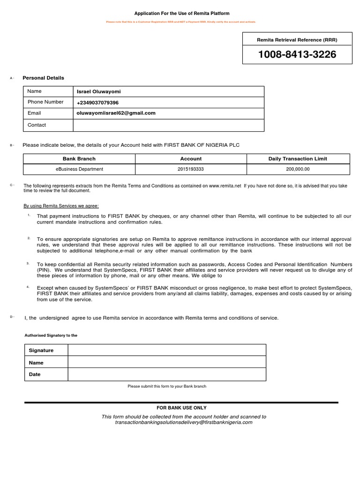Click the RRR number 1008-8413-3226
coord(297,55)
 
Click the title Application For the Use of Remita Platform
coord(182,14)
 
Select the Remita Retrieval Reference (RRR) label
coord(297,40)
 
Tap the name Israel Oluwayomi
coord(98,92)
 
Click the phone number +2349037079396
coord(97,103)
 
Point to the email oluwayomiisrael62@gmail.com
coord(116,113)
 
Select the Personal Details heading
coord(43,78)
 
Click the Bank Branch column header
coord(79,159)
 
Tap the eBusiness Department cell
coord(79,169)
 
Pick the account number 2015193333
coord(191,169)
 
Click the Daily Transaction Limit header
coord(298,159)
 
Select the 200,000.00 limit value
coord(298,169)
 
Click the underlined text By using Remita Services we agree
coord(61,206)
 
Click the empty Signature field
coord(167,351)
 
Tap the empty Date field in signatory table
coord(167,375)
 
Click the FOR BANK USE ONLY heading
coord(181,408)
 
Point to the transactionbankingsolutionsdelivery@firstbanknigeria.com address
coord(184,422)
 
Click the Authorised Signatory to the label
coord(51,336)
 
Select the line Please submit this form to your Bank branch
coord(167,386)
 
